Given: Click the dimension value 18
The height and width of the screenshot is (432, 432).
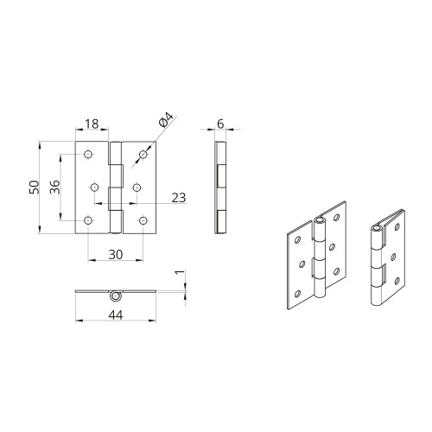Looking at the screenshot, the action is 92,124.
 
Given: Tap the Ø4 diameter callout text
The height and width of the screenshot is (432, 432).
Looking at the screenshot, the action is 166,120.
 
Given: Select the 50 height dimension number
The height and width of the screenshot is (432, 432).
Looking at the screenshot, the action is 34,187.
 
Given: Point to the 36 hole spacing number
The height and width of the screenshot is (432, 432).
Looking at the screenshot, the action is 54,187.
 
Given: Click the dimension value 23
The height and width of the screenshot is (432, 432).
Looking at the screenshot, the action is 179,198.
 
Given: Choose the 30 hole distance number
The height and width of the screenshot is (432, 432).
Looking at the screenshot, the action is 116,255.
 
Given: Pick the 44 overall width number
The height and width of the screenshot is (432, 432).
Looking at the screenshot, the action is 116,314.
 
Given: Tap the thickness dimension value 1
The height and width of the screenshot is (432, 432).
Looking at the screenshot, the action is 180,272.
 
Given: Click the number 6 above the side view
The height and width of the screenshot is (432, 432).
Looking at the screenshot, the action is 220,124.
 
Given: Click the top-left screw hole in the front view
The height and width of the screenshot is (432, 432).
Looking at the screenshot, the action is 88,155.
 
